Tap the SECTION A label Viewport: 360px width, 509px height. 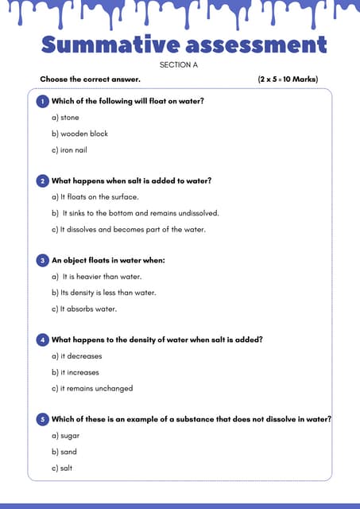click(x=179, y=64)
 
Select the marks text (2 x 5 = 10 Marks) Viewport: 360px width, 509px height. click(x=294, y=80)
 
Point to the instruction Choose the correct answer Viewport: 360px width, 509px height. click(x=90, y=80)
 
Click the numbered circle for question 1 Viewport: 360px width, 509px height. click(x=42, y=102)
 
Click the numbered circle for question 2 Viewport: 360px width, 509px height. click(x=42, y=181)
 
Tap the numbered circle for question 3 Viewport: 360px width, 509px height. click(x=42, y=260)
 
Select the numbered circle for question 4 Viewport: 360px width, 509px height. click(x=42, y=340)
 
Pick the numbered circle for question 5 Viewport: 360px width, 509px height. click(x=42, y=419)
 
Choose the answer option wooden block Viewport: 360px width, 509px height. click(x=79, y=134)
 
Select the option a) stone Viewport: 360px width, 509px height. click(x=65, y=118)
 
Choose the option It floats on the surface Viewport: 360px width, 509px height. click(x=95, y=197)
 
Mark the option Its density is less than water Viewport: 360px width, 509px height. click(x=103, y=293)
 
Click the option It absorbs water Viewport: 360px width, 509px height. click(x=83, y=309)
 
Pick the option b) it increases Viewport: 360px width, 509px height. click(x=75, y=372)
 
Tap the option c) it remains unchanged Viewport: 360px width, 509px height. click(x=92, y=388)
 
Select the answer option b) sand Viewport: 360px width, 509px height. click(x=65, y=452)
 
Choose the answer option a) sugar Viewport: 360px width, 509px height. click(x=66, y=436)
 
